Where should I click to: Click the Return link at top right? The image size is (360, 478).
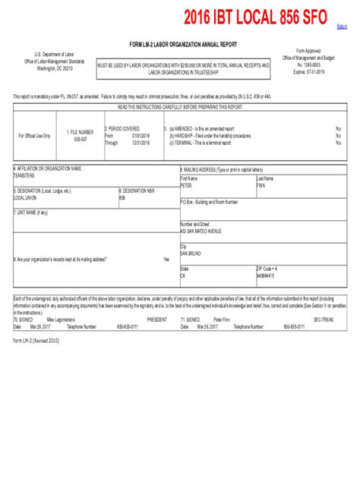tap(343, 27)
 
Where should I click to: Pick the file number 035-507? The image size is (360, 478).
tap(81, 140)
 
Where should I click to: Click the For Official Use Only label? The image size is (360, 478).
tap(34, 136)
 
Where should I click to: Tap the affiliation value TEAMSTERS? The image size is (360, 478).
tap(25, 175)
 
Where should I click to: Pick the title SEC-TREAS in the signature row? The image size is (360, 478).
tap(323, 320)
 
